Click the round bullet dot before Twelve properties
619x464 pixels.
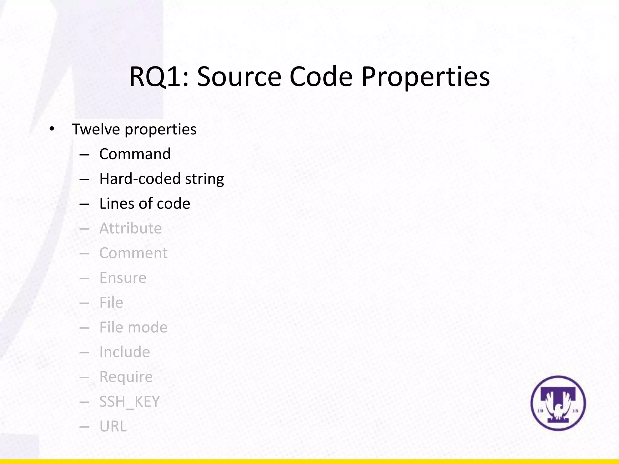[x=52, y=129]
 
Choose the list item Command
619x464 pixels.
[x=135, y=154]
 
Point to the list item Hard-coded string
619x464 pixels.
[x=161, y=179]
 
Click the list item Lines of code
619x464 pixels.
[x=144, y=204]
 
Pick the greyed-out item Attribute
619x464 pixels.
[x=130, y=228]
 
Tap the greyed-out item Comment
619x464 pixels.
[x=133, y=253]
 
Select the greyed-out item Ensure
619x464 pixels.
[x=123, y=278]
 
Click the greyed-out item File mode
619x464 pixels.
[x=133, y=327]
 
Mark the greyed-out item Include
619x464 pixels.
[x=125, y=352]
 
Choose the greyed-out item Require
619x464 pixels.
[x=126, y=377]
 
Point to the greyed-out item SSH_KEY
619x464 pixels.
[x=129, y=402]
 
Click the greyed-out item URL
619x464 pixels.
[x=113, y=427]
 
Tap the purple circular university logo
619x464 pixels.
[x=558, y=403]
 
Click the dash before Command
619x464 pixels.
[x=84, y=155]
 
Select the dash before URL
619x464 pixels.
[x=84, y=427]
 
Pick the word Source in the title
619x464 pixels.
[x=239, y=77]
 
